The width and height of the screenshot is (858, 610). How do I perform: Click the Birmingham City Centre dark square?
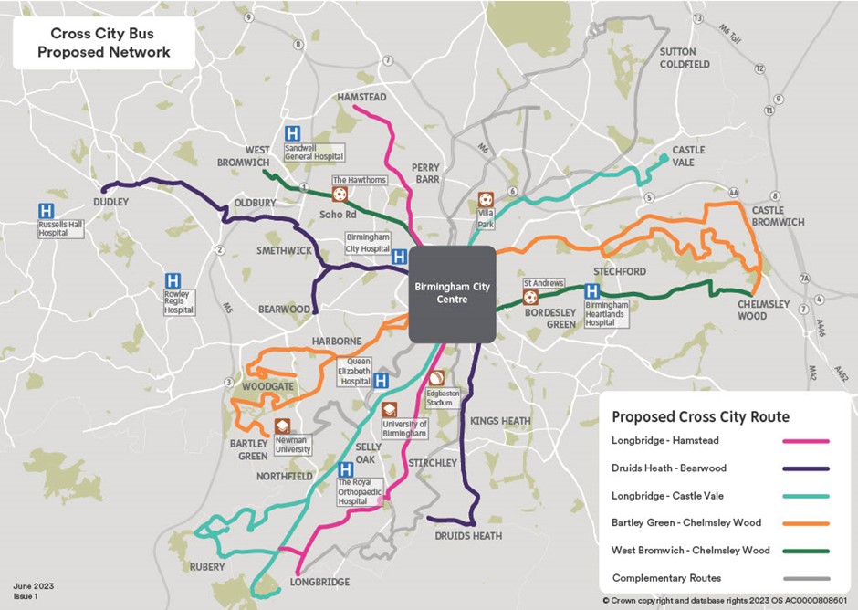(x=452, y=293)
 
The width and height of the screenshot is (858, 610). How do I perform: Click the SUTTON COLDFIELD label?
(x=678, y=58)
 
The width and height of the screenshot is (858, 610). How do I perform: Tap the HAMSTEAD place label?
(x=361, y=97)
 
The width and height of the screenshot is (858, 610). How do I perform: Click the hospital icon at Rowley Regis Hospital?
(x=172, y=281)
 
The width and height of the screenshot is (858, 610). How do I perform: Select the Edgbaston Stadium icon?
(x=436, y=377)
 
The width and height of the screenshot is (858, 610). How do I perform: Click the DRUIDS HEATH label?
(x=468, y=536)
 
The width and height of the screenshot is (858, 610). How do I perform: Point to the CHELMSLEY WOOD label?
(x=765, y=310)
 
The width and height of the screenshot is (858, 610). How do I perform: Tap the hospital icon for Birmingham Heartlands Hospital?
(x=591, y=290)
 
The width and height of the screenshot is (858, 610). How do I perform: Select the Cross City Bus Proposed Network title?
(x=99, y=42)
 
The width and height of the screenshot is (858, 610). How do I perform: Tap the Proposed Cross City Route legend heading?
(x=700, y=416)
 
